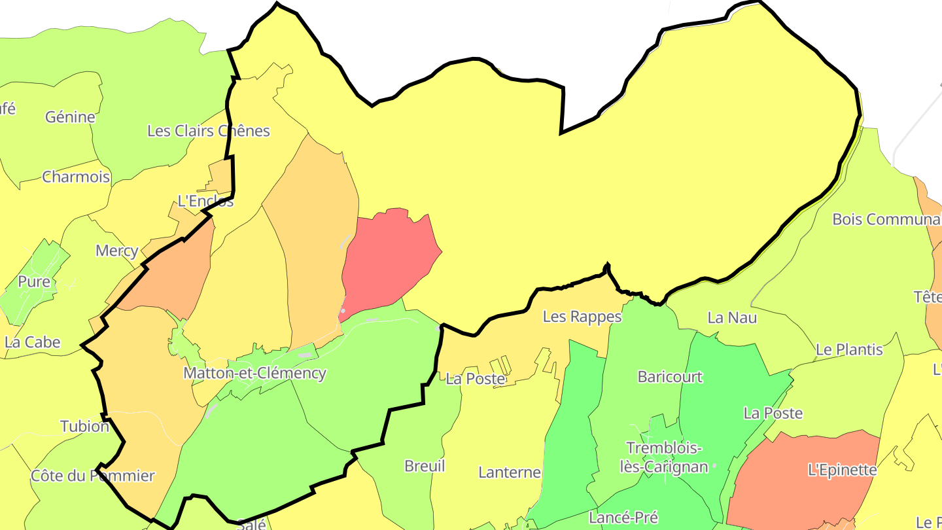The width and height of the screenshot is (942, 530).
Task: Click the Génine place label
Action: coord(70,117)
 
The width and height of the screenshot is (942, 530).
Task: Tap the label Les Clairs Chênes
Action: coord(208,131)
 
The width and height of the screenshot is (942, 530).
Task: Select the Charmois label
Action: coord(76,177)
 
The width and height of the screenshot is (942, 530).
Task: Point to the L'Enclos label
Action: coord(205,201)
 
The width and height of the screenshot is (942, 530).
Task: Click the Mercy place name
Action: coord(116,251)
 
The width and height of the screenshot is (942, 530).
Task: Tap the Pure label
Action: coord(34,281)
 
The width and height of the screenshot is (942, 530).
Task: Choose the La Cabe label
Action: coord(32,342)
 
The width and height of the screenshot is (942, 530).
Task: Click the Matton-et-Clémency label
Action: coord(254,374)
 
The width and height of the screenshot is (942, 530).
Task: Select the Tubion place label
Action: coord(84,427)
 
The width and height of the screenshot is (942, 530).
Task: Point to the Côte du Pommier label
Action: coord(93,476)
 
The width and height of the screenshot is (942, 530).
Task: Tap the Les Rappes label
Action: coord(582,317)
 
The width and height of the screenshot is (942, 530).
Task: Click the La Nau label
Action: coord(732,317)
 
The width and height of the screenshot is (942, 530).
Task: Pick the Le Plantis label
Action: coord(849,349)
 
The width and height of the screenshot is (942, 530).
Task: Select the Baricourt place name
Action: coord(670,377)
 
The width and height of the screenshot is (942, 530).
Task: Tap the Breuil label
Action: coord(425,466)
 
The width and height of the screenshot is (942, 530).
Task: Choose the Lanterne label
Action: coord(510,472)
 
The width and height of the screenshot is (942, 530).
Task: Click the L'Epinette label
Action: coord(842,470)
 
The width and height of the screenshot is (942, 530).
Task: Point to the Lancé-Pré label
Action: coord(623,518)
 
